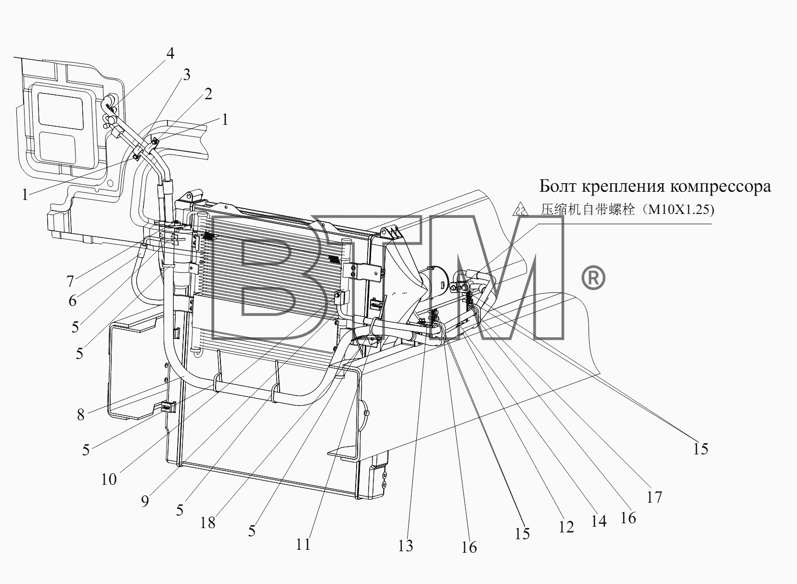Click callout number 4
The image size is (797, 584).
coord(170,53)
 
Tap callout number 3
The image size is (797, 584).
coord(187,75)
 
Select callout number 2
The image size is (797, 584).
coord(208,94)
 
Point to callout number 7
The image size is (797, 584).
coord(70,281)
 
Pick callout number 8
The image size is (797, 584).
coord(81,415)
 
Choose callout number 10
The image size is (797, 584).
coord(109,479)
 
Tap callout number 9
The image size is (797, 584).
coord(145,501)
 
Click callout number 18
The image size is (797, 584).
coord(208,523)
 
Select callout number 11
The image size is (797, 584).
coord(303,544)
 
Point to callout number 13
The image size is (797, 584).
coord(406,546)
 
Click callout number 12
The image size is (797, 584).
coord(566,527)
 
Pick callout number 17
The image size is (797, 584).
coord(655,497)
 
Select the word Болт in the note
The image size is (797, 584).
coord(558,186)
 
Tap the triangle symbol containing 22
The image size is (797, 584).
coord(520,210)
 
